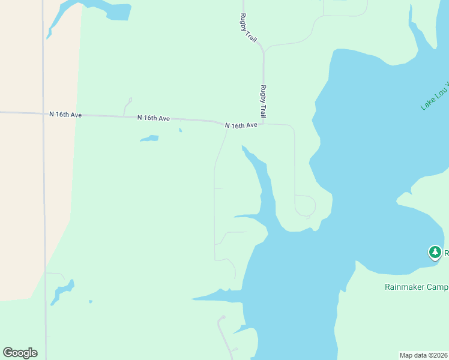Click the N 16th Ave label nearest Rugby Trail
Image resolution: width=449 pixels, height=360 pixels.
(241, 125)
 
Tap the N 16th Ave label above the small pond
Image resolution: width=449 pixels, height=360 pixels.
(153, 118)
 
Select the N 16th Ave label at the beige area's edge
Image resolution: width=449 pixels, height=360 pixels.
(65, 114)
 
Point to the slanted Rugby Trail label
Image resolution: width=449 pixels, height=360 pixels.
(249, 28)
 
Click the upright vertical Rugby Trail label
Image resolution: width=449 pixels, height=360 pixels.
(263, 101)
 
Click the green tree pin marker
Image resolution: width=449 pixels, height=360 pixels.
(435, 252)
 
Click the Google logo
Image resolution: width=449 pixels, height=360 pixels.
(20, 353)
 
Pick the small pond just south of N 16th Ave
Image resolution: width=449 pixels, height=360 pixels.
(149, 139)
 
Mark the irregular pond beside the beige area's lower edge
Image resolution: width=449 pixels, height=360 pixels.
(62, 291)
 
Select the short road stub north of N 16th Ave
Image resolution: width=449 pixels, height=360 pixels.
(127, 107)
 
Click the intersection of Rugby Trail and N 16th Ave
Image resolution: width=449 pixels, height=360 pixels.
(264, 124)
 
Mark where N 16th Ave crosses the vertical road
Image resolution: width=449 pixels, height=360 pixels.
(44, 113)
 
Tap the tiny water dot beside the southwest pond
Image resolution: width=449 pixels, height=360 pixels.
(91, 301)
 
